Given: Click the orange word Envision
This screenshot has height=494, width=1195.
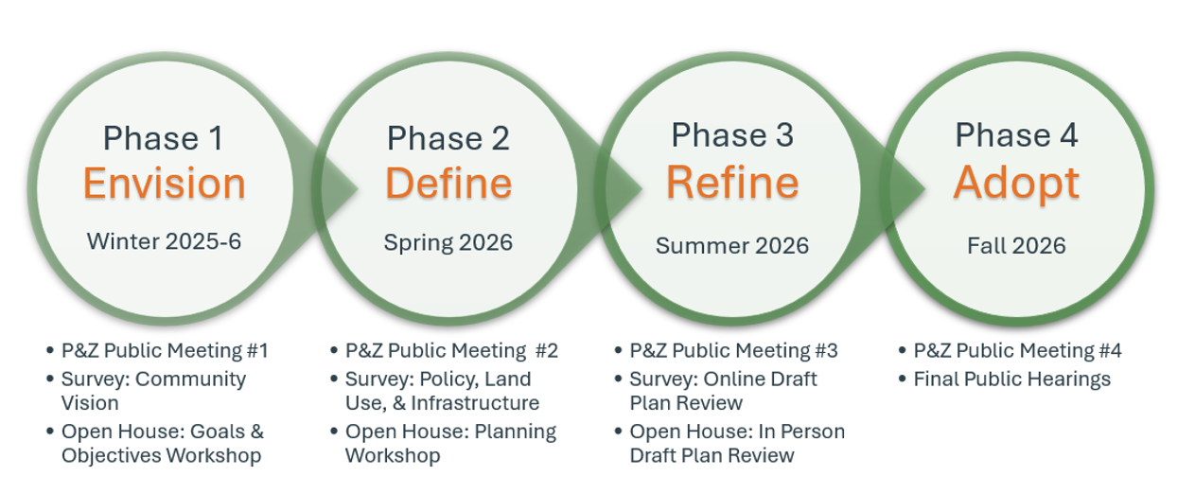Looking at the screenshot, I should coord(164,184).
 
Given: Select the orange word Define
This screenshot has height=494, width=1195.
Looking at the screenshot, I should coord(448,184).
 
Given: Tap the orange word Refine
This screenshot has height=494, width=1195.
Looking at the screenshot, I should coord(732,182).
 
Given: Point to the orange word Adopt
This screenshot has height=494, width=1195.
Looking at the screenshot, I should coord(1016,183).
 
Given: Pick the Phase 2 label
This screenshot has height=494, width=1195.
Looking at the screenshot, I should coord(448,138).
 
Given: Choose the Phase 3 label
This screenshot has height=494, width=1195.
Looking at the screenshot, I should coord(732,135).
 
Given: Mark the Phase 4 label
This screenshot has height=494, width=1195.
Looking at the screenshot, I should coord(1016,135).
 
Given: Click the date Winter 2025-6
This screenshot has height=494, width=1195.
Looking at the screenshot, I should coord(164,241).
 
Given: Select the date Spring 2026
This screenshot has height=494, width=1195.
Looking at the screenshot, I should coord(448,242).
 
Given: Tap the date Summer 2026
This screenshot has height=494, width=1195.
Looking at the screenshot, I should coord(732,246).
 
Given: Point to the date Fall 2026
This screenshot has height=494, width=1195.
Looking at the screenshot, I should coord(1016,246).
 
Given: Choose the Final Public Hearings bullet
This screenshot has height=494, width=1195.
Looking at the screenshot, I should coord(1011,379).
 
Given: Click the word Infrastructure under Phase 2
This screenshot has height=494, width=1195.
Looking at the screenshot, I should coord(482,403).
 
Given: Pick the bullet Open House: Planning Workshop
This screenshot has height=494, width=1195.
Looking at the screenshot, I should coord(450,443).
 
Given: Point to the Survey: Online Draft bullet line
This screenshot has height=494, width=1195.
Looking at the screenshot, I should coord(723,379).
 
